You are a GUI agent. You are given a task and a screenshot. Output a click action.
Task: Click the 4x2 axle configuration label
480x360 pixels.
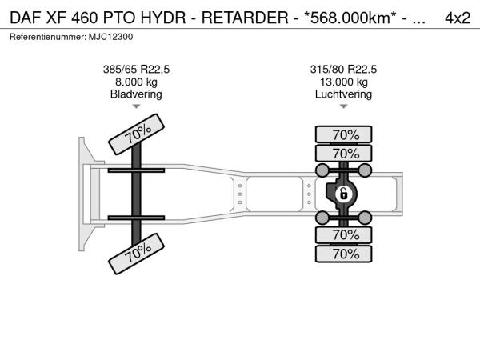[x=458, y=18]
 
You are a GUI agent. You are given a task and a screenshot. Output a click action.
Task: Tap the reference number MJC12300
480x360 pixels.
[x=111, y=37]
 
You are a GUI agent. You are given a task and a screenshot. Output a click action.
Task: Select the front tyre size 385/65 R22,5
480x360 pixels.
[x=136, y=70]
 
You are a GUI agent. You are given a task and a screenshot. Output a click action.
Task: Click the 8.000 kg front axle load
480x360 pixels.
[x=136, y=82]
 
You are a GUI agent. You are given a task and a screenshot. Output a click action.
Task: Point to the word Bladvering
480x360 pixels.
[x=136, y=94]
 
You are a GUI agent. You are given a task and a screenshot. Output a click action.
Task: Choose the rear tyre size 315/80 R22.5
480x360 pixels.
[x=343, y=70]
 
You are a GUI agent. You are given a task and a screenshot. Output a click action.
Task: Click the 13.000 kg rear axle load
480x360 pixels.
[x=344, y=82]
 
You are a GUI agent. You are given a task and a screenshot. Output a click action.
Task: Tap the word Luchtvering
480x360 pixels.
[x=343, y=94]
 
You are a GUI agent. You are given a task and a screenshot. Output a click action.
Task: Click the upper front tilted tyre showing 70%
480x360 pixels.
[x=137, y=134]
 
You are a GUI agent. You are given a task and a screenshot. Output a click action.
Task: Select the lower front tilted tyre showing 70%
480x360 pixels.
[x=137, y=254]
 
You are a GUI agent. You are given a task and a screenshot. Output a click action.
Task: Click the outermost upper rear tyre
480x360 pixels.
[x=344, y=134]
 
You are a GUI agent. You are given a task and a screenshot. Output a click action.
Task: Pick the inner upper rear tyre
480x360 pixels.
[x=344, y=154]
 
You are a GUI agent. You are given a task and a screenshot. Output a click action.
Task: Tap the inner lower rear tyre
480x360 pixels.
[x=344, y=234]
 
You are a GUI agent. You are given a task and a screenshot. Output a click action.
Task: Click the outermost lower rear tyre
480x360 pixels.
[x=344, y=254]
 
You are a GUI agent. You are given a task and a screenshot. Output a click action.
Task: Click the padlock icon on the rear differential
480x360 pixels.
[x=344, y=194]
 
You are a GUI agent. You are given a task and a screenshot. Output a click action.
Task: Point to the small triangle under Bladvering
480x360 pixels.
[x=136, y=106]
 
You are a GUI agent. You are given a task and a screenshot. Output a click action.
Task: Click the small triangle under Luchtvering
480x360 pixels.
[x=344, y=106]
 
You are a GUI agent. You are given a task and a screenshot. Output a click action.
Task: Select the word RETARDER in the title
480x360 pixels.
[x=245, y=18]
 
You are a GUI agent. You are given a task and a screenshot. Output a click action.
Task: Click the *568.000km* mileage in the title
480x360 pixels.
[x=348, y=18]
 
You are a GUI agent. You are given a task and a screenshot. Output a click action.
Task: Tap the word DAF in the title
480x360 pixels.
[x=26, y=18]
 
